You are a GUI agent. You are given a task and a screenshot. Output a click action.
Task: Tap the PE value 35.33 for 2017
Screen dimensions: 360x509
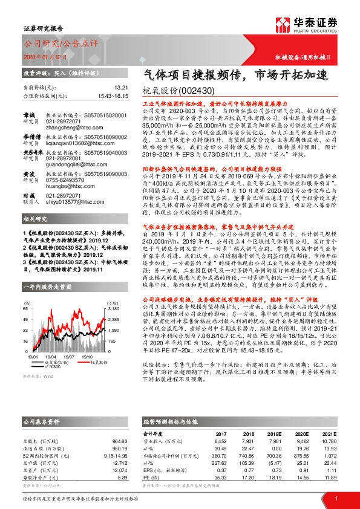coord(221,479)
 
